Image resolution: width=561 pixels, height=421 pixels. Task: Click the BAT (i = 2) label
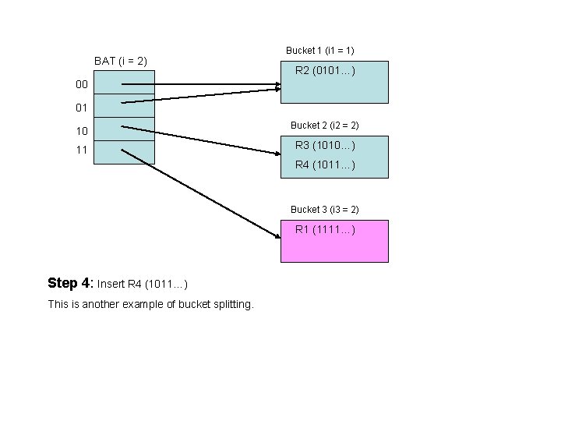pyautogui.click(x=121, y=61)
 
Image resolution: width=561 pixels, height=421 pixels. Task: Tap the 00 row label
pyautogui.click(x=82, y=84)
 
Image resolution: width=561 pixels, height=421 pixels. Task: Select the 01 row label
pyautogui.click(x=82, y=108)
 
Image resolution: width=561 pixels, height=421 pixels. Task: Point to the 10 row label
pyautogui.click(x=82, y=131)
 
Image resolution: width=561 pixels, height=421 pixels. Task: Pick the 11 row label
pyautogui.click(x=82, y=150)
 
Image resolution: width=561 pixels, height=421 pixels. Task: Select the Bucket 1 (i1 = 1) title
pyautogui.click(x=320, y=51)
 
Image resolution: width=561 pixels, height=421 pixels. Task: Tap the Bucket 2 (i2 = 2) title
pyautogui.click(x=324, y=126)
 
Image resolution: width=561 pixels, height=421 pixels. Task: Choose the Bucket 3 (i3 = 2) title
pyautogui.click(x=324, y=210)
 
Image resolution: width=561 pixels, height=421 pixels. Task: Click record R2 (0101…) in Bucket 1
pyautogui.click(x=325, y=72)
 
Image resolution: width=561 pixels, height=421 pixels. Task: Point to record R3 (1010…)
pyautogui.click(x=325, y=145)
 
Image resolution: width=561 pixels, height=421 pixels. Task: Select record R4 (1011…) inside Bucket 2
pyautogui.click(x=325, y=165)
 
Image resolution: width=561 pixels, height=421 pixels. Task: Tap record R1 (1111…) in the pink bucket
pyautogui.click(x=325, y=229)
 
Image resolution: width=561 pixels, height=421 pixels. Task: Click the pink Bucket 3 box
pyautogui.click(x=334, y=248)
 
